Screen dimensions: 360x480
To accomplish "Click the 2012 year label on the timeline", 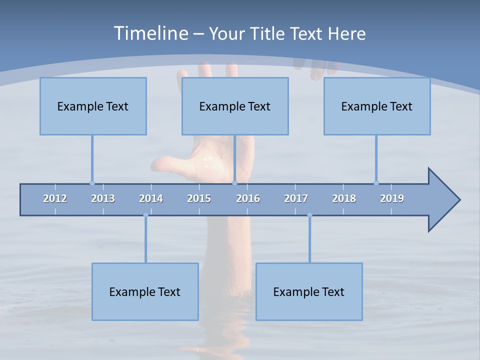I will [x=55, y=198].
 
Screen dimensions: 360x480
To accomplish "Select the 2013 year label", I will [x=103, y=198].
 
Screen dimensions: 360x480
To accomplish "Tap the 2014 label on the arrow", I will [x=151, y=198].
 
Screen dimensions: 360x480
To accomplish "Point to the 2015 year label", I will [x=199, y=198].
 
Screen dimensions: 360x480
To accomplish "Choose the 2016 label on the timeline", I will [x=248, y=198].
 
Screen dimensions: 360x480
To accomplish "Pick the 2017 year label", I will [x=296, y=198].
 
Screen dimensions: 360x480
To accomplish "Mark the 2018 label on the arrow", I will [x=344, y=198].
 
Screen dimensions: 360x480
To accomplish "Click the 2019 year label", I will [x=392, y=198].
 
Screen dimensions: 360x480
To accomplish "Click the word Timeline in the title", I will [x=150, y=33].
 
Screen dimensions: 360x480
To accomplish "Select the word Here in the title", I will [x=346, y=34].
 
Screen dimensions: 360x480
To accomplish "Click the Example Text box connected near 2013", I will [x=93, y=106].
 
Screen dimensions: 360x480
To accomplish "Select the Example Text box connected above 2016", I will [x=235, y=106].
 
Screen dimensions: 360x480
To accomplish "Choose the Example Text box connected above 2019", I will [x=377, y=106].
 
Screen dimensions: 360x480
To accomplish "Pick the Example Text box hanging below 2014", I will [x=145, y=291].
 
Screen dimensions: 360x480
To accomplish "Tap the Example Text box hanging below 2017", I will [x=309, y=291].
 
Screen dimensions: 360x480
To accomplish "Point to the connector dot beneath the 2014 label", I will [x=145, y=215].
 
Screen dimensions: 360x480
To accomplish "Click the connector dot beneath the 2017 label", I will [x=309, y=215].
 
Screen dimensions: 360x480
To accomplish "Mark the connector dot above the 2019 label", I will [x=376, y=183].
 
